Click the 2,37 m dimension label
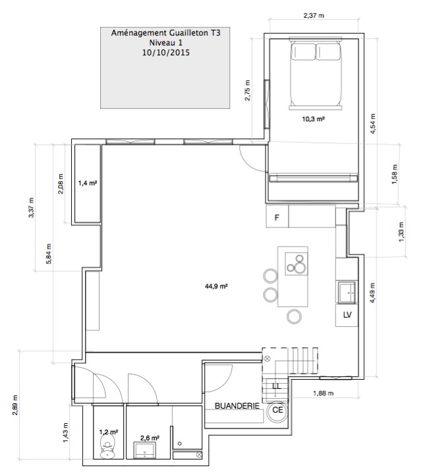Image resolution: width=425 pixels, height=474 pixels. pyautogui.click(x=314, y=15)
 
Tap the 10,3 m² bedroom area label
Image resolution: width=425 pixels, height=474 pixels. pyautogui.click(x=313, y=119)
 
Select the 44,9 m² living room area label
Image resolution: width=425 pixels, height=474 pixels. pyautogui.click(x=216, y=286)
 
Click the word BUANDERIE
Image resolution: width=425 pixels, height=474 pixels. pyautogui.click(x=237, y=405)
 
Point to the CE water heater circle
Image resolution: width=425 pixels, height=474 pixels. pyautogui.click(x=277, y=411)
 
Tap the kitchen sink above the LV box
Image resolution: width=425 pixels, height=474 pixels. pyautogui.click(x=347, y=292)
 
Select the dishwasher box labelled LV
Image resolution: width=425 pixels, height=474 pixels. pyautogui.click(x=347, y=315)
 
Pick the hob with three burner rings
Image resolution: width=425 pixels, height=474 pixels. pyautogui.click(x=297, y=264)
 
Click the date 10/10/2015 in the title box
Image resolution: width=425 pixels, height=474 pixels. pyautogui.click(x=166, y=53)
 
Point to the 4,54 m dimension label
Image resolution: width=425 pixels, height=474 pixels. pyautogui.click(x=373, y=124)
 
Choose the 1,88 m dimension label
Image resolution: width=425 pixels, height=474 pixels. pyautogui.click(x=324, y=394)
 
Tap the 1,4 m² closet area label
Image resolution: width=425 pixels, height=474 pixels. pyautogui.click(x=88, y=183)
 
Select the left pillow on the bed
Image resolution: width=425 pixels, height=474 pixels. pyautogui.click(x=303, y=51)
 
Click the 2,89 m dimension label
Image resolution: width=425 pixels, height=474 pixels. pyautogui.click(x=15, y=405)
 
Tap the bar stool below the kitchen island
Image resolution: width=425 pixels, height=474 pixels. pyautogui.click(x=294, y=316)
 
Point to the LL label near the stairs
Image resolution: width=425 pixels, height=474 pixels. pyautogui.click(x=276, y=386)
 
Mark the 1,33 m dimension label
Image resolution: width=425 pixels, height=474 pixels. pyautogui.click(x=401, y=232)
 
